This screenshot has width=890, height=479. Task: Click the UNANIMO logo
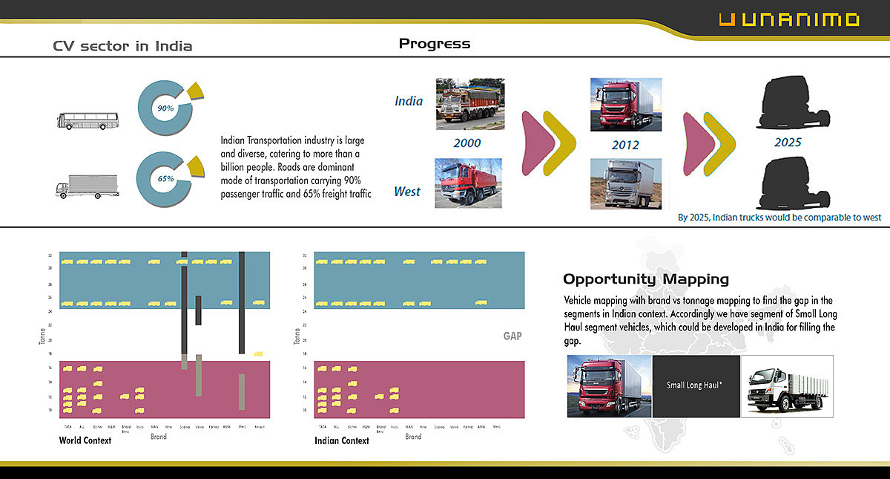click(x=789, y=20)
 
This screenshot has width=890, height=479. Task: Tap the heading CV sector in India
click(x=122, y=46)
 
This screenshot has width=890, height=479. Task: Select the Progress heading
click(x=434, y=43)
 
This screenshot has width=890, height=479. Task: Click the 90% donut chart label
click(x=165, y=108)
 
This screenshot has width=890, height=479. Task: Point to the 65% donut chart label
click(x=165, y=179)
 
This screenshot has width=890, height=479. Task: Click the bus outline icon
click(x=88, y=120)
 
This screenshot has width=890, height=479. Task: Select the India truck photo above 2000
click(x=470, y=104)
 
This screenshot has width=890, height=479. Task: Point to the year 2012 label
click(x=624, y=145)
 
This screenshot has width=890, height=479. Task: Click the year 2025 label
click(x=788, y=142)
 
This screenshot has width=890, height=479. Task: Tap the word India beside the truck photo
click(x=409, y=101)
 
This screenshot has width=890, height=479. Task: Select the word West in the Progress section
click(x=406, y=192)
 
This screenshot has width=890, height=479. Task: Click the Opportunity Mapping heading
click(x=645, y=279)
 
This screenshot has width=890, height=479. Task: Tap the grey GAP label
click(x=512, y=336)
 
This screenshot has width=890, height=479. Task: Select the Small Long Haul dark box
click(x=696, y=385)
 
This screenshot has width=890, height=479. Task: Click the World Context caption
click(x=85, y=440)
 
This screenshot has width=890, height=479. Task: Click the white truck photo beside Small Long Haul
click(x=787, y=385)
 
